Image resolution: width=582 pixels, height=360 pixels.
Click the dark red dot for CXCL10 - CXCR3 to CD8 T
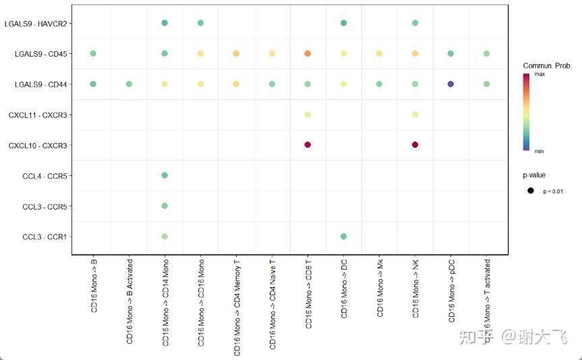[x=308, y=145]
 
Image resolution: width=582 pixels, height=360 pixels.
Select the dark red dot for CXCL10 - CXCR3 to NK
[x=415, y=145]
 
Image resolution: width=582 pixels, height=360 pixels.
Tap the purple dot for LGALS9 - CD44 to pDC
[x=450, y=84]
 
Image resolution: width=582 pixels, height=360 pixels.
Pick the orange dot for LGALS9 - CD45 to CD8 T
[x=308, y=53]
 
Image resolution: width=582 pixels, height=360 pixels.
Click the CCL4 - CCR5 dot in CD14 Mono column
[x=165, y=175]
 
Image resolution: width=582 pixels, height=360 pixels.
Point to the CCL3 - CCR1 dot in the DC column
[x=343, y=237]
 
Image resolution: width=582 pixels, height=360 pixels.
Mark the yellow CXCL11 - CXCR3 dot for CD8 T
[x=308, y=115]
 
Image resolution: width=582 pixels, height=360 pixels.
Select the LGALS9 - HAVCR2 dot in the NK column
[x=415, y=23]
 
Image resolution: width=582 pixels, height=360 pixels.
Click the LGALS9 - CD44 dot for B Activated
[x=129, y=84]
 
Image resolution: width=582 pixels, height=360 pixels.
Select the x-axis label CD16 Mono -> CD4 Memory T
[x=237, y=306]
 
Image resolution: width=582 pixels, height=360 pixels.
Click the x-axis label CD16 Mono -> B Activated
[x=129, y=300]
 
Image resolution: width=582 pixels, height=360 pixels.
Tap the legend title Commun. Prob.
[x=547, y=65]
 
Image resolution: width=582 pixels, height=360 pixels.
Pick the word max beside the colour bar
[x=540, y=75]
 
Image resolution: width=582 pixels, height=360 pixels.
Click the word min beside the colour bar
[x=539, y=151]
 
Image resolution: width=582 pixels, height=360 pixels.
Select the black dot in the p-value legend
[x=531, y=191]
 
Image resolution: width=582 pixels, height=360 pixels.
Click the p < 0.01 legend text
[x=553, y=191]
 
